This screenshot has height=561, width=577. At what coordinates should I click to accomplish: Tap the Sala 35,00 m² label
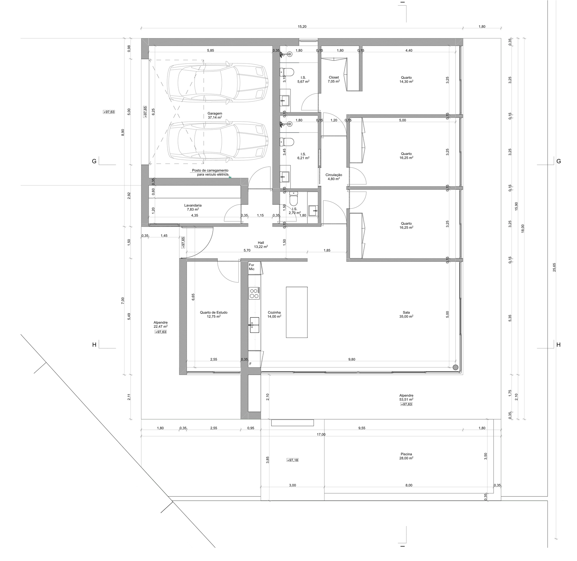click(406, 314)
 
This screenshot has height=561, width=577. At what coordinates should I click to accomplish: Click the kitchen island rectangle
click(297, 312)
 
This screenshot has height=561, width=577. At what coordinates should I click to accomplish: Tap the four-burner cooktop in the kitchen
click(254, 293)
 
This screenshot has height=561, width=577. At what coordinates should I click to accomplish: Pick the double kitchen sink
click(254, 325)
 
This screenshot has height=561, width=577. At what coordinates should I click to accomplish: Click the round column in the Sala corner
click(455, 367)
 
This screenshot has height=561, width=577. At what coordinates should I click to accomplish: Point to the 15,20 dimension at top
click(302, 27)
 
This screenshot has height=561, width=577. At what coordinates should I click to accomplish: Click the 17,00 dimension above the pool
click(321, 434)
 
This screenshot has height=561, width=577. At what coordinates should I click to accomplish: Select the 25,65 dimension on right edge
click(554, 267)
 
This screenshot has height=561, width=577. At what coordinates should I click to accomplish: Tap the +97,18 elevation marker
click(293, 460)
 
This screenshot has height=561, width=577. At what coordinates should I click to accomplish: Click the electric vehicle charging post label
click(210, 172)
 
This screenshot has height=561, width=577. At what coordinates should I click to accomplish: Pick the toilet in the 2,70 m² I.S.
click(293, 199)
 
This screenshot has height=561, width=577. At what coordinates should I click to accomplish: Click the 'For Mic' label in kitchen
click(252, 267)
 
